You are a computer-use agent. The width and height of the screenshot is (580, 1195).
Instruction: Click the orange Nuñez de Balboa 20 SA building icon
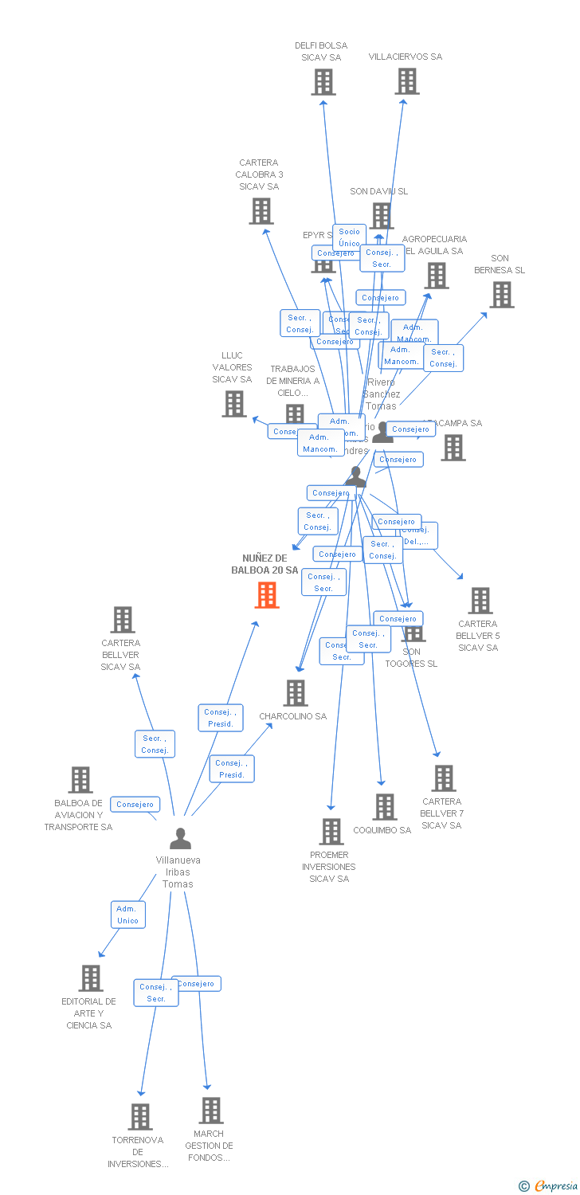(x=267, y=595)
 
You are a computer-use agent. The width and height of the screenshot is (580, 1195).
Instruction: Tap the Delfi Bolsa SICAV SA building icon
(x=323, y=82)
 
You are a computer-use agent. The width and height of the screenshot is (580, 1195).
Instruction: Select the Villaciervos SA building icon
(x=407, y=81)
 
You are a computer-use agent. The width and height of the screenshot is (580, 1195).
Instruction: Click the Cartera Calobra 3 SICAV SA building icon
(x=261, y=211)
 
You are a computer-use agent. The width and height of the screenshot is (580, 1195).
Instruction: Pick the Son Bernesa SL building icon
(x=501, y=295)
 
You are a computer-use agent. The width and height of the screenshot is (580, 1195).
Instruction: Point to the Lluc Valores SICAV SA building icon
(x=234, y=404)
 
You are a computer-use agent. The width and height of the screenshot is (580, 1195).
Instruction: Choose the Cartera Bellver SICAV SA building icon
(x=122, y=620)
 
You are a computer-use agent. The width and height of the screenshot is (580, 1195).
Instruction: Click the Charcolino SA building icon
(x=296, y=693)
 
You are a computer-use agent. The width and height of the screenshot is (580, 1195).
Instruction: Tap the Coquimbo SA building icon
(x=385, y=807)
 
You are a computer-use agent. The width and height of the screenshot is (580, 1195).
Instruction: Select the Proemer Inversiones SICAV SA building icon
(x=331, y=832)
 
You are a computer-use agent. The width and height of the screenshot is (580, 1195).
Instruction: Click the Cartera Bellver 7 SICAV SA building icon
(x=443, y=778)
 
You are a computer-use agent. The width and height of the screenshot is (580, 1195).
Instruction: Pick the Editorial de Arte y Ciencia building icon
(x=91, y=978)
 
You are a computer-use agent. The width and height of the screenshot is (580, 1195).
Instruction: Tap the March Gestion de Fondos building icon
(x=211, y=1111)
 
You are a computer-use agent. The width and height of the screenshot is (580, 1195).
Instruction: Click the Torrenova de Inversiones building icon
(x=140, y=1117)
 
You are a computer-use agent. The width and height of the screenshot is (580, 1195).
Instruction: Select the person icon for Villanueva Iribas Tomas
(x=181, y=839)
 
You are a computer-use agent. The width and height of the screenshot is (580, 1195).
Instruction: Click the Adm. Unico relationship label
(x=127, y=915)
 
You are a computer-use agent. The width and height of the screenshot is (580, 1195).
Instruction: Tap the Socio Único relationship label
(x=349, y=237)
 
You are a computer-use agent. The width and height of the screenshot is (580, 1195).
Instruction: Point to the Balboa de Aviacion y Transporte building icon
(x=80, y=780)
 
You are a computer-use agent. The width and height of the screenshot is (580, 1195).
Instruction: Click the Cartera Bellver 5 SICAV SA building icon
(x=480, y=601)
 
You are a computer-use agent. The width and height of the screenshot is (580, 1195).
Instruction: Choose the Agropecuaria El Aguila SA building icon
(x=436, y=276)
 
